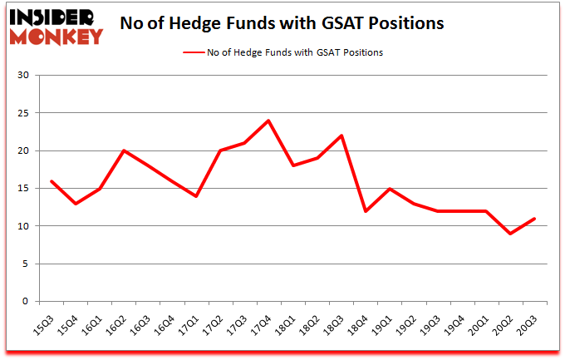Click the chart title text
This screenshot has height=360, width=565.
tap(282, 23)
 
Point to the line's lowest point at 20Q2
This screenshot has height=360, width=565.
tap(511, 234)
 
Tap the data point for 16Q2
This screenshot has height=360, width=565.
tap(124, 150)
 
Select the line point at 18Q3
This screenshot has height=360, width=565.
tap(341, 136)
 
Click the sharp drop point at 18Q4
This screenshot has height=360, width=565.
tap(366, 211)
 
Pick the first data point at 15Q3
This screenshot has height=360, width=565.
tap(52, 181)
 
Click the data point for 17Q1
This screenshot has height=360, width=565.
tap(196, 196)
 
